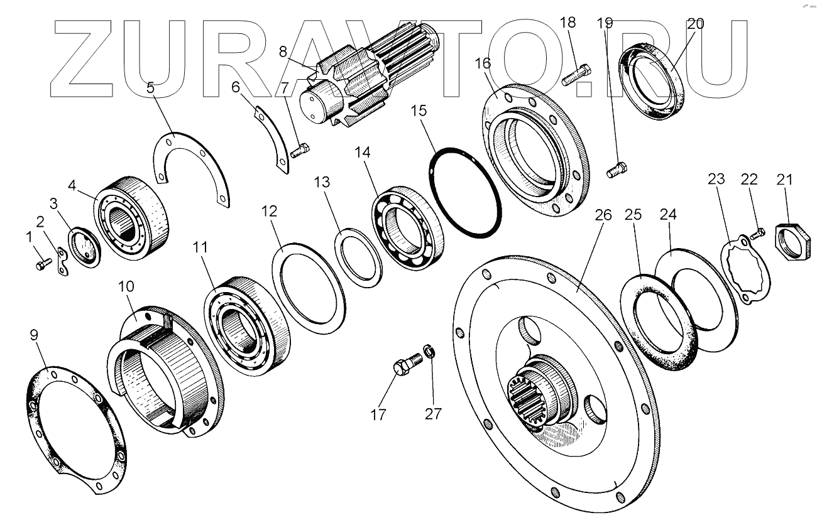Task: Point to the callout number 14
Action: click(363, 153)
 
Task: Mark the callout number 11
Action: click(199, 247)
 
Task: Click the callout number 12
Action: click(270, 212)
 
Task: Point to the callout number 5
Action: click(150, 87)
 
